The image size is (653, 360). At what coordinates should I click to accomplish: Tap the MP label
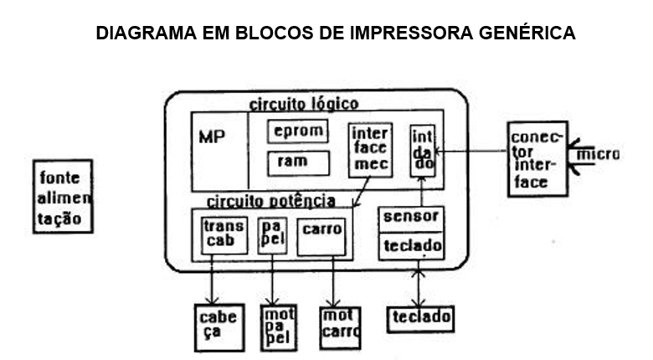pos(212,136)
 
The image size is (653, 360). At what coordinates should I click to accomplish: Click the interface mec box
pos(370,149)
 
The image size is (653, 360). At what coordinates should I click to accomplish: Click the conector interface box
pos(536,159)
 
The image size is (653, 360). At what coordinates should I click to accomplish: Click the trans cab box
pos(224,234)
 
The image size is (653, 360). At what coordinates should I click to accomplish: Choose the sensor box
pos(411,217)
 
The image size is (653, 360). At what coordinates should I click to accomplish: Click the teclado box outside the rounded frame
pos(419,317)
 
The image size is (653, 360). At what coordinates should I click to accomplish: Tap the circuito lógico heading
pos(304,104)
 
